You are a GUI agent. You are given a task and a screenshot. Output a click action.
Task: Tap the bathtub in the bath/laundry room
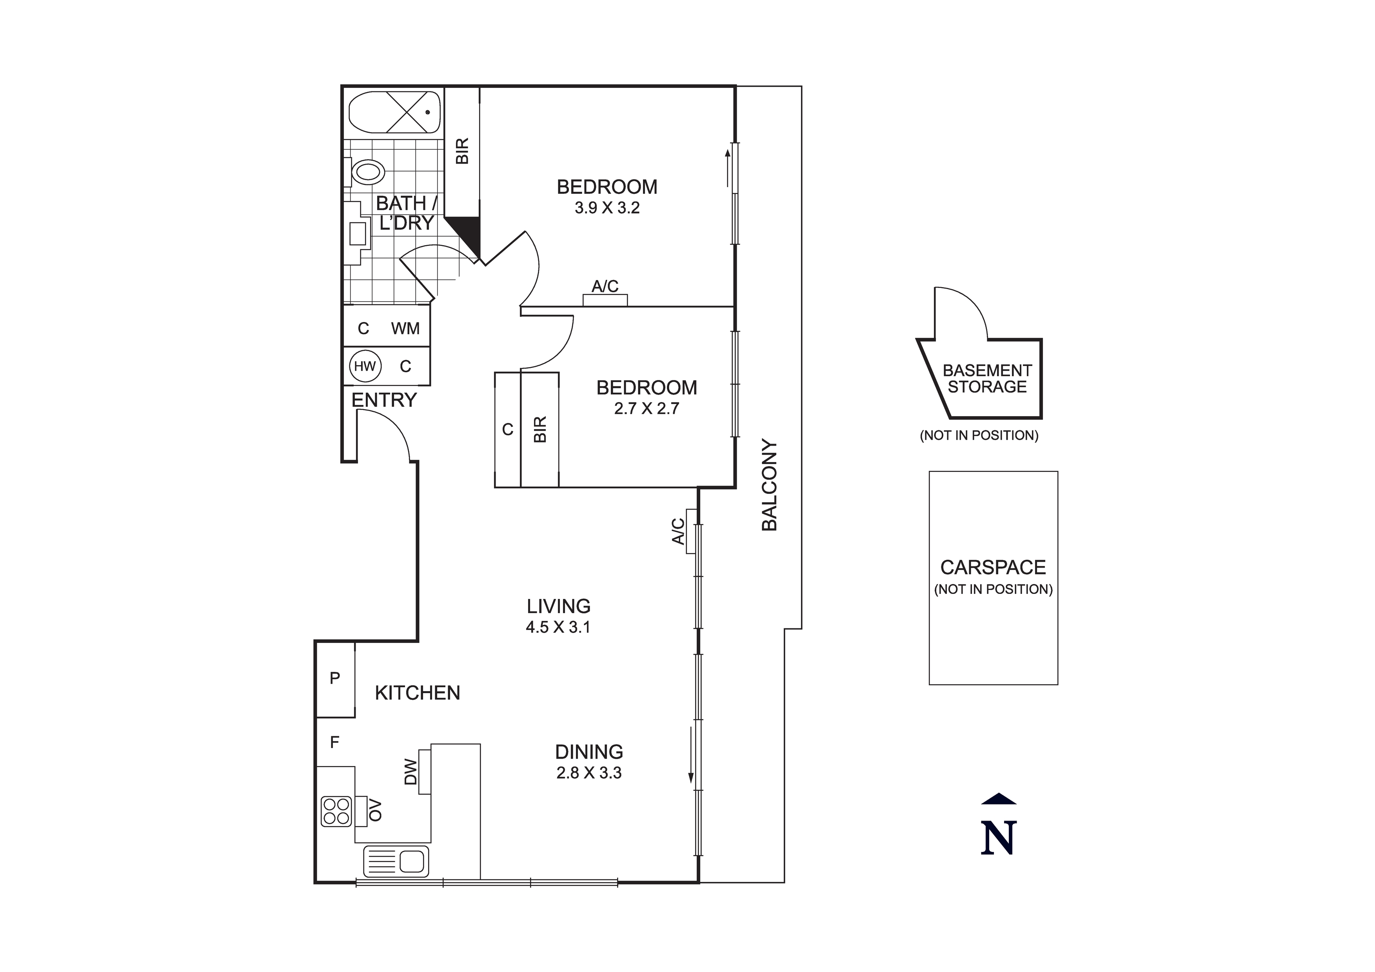(x=395, y=112)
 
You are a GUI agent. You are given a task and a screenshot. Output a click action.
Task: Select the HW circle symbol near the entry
(x=365, y=366)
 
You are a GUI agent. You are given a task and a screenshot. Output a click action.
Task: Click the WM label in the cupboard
(x=405, y=328)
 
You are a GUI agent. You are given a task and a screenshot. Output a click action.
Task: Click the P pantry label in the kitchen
(x=335, y=678)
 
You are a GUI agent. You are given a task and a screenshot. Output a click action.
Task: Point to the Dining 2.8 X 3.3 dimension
(x=589, y=773)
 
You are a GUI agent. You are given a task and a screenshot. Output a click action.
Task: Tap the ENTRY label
(x=384, y=400)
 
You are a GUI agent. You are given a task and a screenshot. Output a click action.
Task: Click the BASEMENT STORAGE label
(x=987, y=379)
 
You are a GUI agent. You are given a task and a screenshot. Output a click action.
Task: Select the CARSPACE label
(x=993, y=567)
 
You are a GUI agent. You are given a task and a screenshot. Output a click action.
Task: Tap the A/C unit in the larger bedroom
(x=605, y=300)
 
